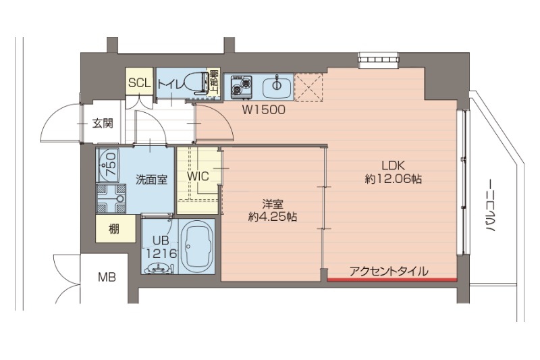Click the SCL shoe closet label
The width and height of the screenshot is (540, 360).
[x=139, y=84]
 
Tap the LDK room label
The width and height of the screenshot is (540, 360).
[x=394, y=165]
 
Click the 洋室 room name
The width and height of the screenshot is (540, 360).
[x=273, y=203]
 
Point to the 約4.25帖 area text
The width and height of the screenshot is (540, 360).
[x=273, y=217]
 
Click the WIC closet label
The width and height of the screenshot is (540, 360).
[x=198, y=177]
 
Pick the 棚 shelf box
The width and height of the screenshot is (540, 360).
[x=113, y=229]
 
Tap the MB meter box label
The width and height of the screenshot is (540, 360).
[x=106, y=276]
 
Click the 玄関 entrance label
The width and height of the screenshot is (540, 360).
[x=103, y=123]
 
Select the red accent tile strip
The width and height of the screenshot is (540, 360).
[x=392, y=278]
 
